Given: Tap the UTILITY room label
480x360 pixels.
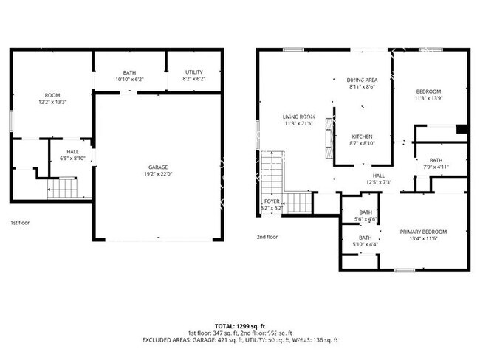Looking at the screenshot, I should click(x=194, y=72).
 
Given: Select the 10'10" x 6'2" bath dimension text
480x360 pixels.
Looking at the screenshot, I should click(x=129, y=79).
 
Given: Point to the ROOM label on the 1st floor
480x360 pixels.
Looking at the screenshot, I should click(x=52, y=95).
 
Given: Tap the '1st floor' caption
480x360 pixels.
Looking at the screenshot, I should click(x=21, y=222).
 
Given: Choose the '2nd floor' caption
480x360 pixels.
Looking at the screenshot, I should click(x=267, y=237).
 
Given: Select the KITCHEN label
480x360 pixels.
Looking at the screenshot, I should click(x=362, y=137).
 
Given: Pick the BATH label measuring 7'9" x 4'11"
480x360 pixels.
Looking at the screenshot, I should click(x=436, y=160).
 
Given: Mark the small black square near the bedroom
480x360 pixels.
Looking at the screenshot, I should click(x=462, y=130).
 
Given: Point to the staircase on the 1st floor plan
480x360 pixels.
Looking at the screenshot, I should click(x=64, y=190).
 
